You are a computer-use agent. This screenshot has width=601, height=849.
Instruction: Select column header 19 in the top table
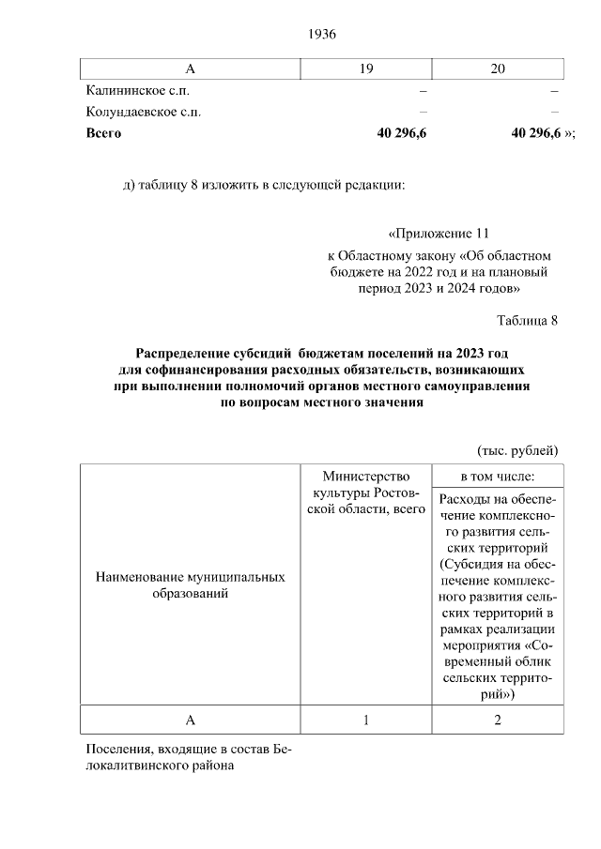366,68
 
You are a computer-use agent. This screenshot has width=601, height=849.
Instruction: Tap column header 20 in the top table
498,68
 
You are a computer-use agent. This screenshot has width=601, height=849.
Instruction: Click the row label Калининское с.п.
144,91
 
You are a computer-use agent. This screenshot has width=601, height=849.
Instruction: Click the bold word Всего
103,133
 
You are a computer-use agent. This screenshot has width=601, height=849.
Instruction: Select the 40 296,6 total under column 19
402,133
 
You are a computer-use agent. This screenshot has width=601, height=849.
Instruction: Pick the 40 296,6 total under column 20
536,133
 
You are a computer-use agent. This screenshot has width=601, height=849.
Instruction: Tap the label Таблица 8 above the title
528,320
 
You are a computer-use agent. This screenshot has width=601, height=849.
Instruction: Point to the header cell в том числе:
498,477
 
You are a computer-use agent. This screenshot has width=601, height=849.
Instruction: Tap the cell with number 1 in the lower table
366,720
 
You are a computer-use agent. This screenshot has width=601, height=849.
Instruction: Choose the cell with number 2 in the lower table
498,720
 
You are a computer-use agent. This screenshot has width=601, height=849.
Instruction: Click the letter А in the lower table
191,720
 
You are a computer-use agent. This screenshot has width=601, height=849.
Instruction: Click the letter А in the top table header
191,68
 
